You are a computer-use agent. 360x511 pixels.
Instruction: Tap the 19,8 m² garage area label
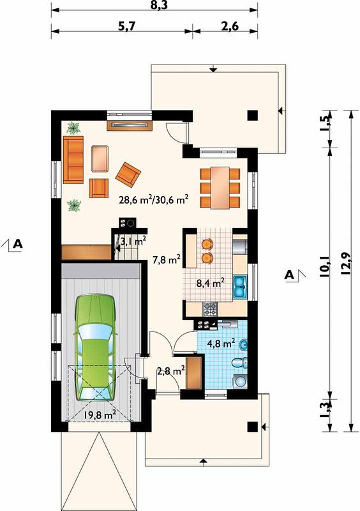click(x=100, y=415)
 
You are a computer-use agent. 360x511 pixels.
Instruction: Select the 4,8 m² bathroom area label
click(x=221, y=343)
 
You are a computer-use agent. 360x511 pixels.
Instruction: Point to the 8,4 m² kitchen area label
click(x=211, y=283)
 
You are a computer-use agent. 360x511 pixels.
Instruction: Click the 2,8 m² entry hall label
click(x=171, y=370)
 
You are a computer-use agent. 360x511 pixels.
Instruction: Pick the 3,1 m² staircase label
click(x=133, y=241)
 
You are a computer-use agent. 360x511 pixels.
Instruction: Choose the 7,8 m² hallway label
click(x=167, y=260)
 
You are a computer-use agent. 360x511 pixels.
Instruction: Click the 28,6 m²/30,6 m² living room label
click(x=154, y=199)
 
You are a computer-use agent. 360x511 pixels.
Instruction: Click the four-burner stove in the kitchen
click(x=210, y=309)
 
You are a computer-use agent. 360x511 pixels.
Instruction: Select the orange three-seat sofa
click(x=73, y=160)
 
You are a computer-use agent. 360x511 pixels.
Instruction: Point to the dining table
click(x=220, y=188)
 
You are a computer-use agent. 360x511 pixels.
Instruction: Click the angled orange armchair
click(x=128, y=175)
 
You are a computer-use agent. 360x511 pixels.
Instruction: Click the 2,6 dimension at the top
click(x=230, y=26)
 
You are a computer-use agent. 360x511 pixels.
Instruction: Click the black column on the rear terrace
click(x=253, y=116)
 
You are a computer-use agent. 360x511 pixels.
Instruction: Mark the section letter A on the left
click(x=18, y=243)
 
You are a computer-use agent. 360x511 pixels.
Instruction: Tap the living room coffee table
click(x=100, y=158)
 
